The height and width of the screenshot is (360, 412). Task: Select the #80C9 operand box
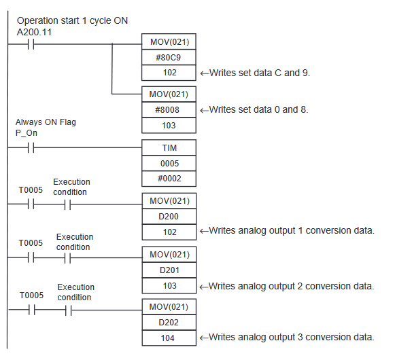[x=169, y=57]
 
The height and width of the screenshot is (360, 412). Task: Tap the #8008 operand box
[x=169, y=109]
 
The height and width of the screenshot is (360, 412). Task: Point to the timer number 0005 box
[x=169, y=164]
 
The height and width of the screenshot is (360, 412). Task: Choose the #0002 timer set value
[x=169, y=179]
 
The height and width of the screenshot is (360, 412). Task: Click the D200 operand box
[x=169, y=216]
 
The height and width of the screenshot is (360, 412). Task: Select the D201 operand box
[x=169, y=270]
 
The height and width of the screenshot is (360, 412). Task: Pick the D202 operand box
[x=169, y=322]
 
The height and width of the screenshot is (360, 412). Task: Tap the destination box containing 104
[x=169, y=338]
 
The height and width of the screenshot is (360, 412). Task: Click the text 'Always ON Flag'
[x=46, y=122]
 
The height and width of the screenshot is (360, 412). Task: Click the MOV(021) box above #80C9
[x=169, y=41]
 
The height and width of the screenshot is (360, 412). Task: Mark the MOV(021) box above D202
[x=169, y=306]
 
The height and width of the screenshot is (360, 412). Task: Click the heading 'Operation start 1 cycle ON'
[x=71, y=20]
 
